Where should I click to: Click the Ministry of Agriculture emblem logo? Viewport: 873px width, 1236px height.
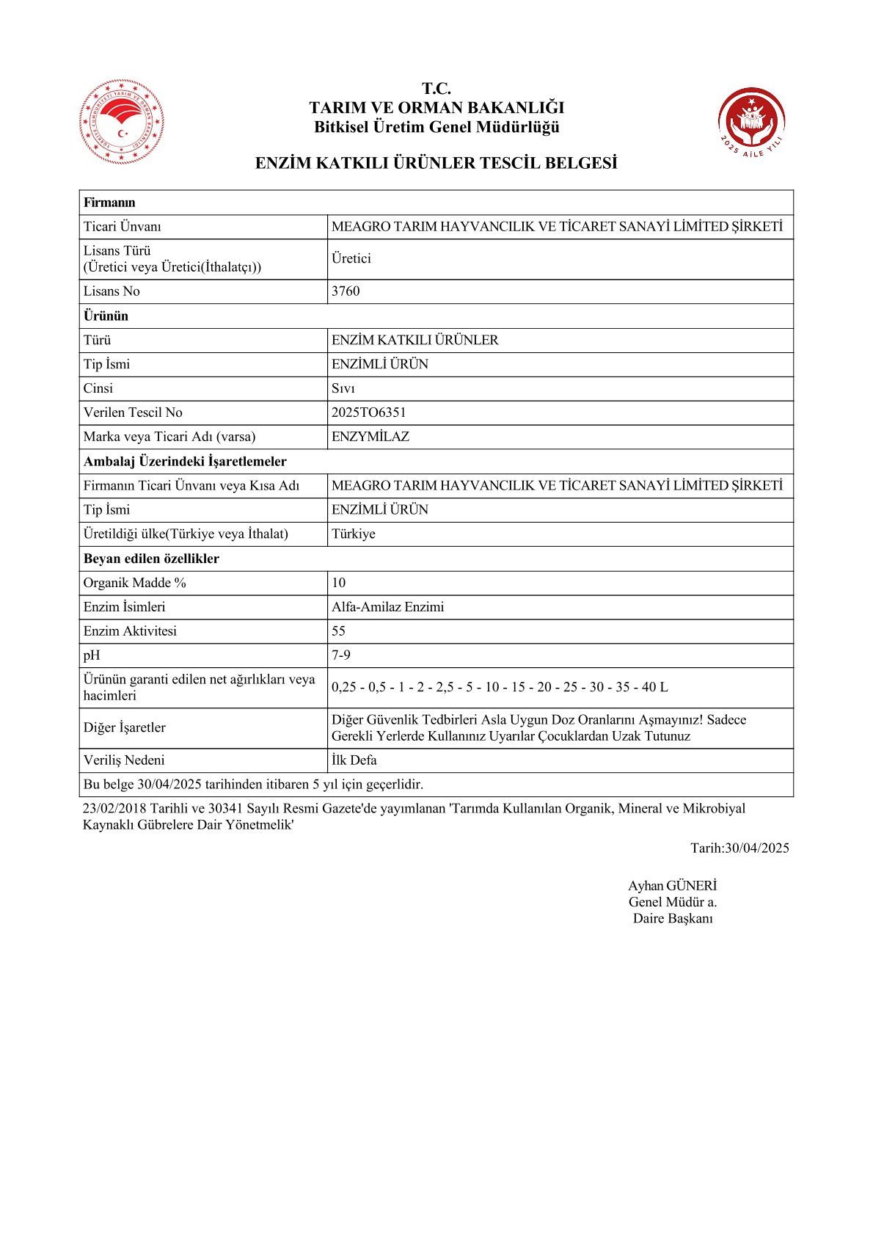coord(122,121)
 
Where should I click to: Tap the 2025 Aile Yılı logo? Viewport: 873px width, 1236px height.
coord(750,122)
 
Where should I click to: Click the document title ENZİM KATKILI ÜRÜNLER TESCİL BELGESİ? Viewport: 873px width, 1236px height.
coord(436,163)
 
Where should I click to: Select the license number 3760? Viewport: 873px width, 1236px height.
coord(346,291)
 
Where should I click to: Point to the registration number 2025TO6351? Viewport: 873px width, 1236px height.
coord(368,412)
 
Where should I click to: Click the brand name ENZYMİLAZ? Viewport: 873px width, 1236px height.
coord(370,437)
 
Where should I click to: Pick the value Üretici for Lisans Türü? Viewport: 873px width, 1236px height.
coord(351,258)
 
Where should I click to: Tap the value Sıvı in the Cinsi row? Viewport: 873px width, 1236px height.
coord(343,388)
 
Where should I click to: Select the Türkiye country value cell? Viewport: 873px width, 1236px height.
coord(354,534)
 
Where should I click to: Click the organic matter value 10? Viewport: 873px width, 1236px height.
coord(338,583)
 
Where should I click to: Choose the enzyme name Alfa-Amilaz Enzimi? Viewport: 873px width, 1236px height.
coord(387,607)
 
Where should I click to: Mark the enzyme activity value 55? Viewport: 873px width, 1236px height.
coord(338,631)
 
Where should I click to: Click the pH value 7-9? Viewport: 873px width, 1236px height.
coord(341,655)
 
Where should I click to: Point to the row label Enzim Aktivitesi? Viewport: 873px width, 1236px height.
coord(130,631)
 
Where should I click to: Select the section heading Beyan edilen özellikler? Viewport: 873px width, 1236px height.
coord(151,559)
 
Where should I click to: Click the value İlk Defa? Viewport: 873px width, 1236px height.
coord(354,760)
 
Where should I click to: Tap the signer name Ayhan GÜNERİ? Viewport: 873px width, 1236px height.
coord(672,886)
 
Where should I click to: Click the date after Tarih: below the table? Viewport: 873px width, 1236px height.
coord(756,848)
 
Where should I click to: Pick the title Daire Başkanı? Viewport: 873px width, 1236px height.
coord(673,918)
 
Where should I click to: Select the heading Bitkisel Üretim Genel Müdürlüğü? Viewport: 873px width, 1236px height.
coord(436,127)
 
